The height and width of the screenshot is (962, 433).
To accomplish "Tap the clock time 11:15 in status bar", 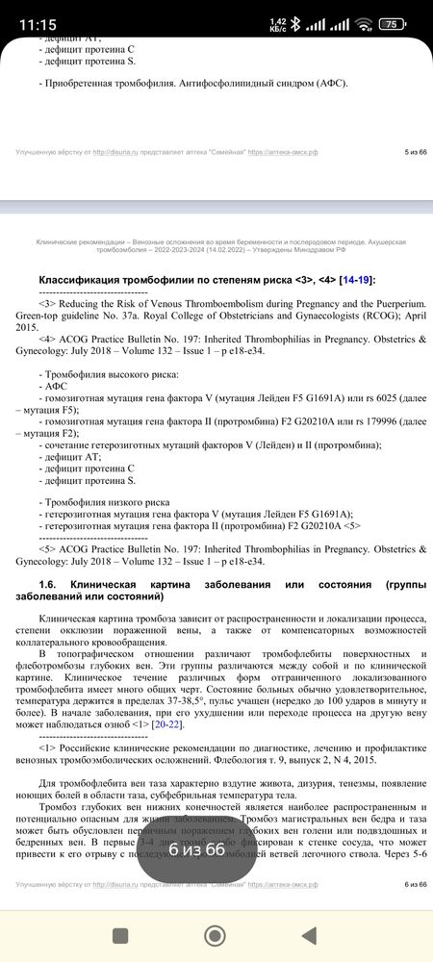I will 37,24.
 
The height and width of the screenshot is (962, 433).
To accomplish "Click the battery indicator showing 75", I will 391,24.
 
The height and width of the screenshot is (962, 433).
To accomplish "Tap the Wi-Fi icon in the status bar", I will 363,24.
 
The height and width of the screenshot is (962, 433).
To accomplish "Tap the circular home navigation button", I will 215,935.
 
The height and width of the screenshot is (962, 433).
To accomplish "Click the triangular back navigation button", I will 311,935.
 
